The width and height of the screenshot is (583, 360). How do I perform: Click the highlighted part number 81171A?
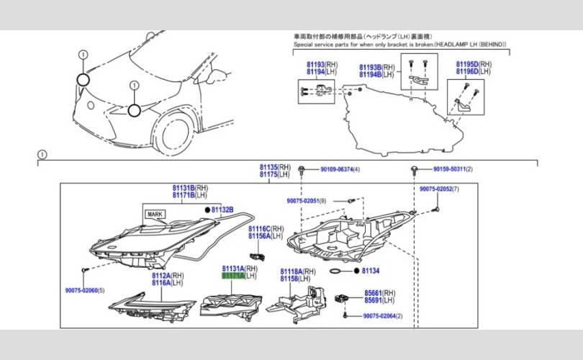[232, 276]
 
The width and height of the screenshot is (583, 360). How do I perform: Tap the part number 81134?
[370, 271]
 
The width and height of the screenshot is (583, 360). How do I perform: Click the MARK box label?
[155, 214]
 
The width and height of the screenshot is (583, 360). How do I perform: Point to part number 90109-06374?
[332, 169]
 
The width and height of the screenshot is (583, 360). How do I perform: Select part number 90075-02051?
[302, 201]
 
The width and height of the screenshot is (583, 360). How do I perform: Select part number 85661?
[373, 293]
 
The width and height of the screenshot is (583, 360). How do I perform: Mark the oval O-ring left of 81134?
[336, 271]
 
